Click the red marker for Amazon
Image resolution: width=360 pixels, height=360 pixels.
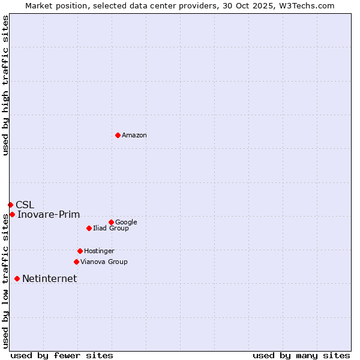point(118,135)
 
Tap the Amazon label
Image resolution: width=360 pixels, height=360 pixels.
point(134,136)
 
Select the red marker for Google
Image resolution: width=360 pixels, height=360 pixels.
point(111,222)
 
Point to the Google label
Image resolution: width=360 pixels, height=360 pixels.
point(126,223)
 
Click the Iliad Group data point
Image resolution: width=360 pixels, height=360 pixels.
point(89,228)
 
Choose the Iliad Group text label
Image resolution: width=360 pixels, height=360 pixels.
point(111,229)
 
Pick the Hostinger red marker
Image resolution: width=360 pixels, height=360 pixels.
point(80,251)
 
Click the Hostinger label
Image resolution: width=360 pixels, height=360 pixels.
point(99,251)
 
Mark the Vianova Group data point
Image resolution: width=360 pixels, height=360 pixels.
point(76,262)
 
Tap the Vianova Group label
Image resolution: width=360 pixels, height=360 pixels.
point(104,262)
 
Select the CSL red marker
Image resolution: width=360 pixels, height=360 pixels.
point(10,205)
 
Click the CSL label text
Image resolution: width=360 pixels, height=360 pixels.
point(25,205)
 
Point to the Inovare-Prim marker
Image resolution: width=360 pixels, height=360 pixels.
point(12,214)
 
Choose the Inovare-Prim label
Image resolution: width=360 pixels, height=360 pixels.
point(49,215)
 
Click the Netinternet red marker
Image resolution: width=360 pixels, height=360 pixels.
point(17,278)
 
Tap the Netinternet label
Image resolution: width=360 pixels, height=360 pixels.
point(50,279)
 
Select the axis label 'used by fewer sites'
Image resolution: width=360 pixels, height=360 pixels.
point(62,355)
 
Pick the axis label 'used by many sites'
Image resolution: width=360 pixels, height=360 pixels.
point(301,355)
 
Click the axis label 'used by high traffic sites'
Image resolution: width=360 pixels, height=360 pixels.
point(5,85)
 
